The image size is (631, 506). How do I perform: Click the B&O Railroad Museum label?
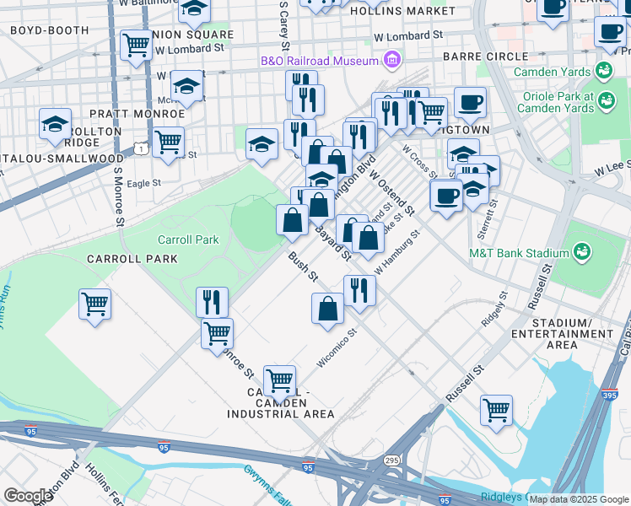tap(318, 61)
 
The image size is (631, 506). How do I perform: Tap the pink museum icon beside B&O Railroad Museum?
tap(391, 60)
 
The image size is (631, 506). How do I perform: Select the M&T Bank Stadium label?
tap(519, 253)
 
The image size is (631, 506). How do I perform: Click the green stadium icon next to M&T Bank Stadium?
tap(581, 251)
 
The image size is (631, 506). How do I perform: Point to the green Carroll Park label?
tap(188, 240)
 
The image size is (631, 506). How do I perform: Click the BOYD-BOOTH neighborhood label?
tap(49, 30)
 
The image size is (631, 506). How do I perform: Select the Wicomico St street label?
tap(337, 348)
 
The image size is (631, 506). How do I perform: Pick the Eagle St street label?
tap(144, 182)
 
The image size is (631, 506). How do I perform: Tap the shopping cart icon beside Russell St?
tap(497, 411)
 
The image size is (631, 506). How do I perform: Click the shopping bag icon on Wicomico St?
tap(327, 308)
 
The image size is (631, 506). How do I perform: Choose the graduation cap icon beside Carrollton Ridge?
tap(55, 125)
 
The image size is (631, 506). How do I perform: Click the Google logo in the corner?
tap(28, 496)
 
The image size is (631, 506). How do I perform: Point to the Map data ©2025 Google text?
tap(579, 499)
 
